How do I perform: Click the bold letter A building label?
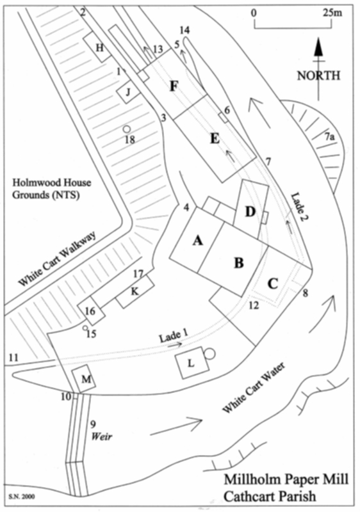(x=197, y=241)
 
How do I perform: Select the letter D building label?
(x=250, y=212)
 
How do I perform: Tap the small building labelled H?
(x=97, y=47)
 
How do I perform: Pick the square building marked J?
(x=128, y=92)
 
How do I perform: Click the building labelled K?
(x=135, y=291)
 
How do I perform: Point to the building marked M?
(x=84, y=379)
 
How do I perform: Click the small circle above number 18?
(x=127, y=129)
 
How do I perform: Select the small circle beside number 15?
(x=85, y=328)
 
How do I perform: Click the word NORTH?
(x=318, y=76)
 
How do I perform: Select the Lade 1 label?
(x=170, y=336)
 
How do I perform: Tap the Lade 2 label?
(x=300, y=205)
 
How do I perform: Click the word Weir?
(x=102, y=436)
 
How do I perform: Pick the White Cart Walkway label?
(x=58, y=259)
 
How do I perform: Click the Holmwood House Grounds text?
(x=51, y=189)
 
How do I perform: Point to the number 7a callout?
(x=330, y=137)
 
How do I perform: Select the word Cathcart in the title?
(x=250, y=497)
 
